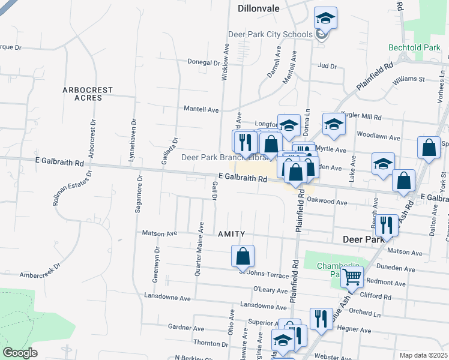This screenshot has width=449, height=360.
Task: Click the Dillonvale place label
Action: tap(259, 9)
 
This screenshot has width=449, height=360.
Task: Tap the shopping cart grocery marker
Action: tap(352, 278)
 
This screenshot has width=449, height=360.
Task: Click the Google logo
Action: tap(20, 353)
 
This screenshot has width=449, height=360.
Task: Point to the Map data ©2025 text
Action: tap(423, 355)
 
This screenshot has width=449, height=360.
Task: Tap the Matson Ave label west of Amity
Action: tap(160, 233)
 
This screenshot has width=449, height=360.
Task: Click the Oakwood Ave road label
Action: tap(327, 203)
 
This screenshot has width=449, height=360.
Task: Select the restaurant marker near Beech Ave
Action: tap(387, 226)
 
